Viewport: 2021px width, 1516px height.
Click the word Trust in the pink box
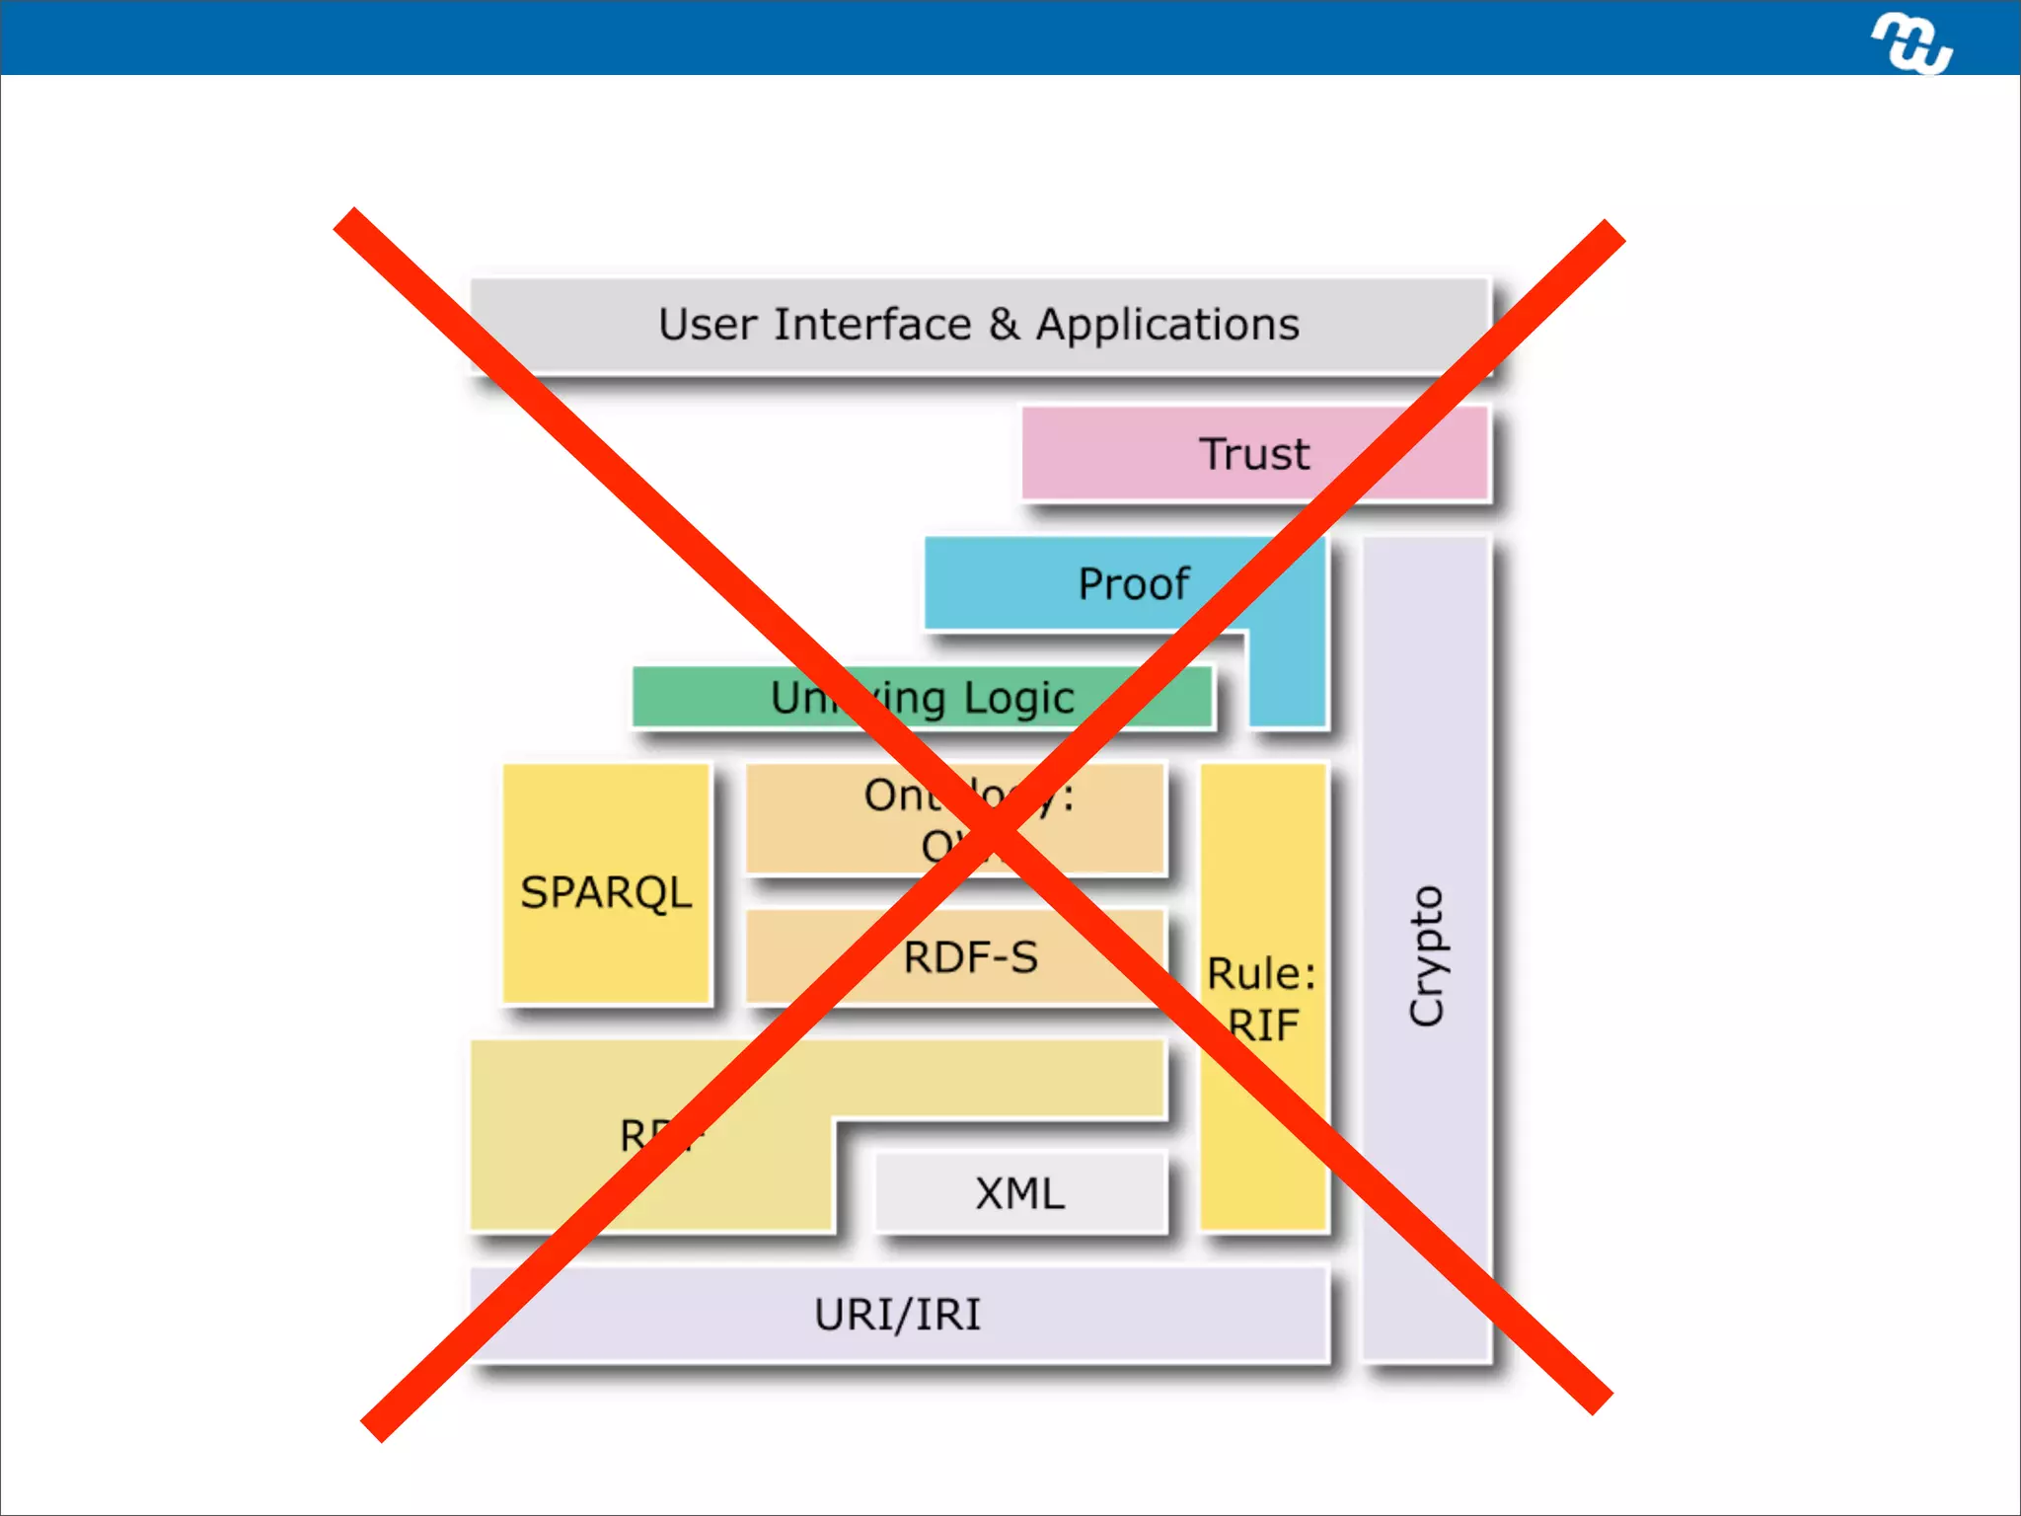(1253, 455)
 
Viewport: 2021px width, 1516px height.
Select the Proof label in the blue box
(1134, 584)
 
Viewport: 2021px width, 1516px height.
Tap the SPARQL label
(606, 893)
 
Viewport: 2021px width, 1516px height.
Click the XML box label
(1020, 1194)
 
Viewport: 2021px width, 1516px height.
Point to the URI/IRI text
(897, 1315)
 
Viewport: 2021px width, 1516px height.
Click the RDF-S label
(971, 957)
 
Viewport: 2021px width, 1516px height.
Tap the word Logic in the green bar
(1018, 699)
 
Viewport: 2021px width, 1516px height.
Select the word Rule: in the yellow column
(1261, 974)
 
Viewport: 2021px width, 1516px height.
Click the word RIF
(1264, 1026)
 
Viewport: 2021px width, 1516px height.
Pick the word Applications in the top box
(1167, 325)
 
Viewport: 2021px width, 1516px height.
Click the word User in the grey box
(707, 325)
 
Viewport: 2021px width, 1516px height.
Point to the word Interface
(872, 325)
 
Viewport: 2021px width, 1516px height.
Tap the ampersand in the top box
(1004, 325)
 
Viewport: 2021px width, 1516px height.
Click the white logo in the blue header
(1911, 42)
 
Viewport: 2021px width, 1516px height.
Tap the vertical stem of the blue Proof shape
(1287, 681)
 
